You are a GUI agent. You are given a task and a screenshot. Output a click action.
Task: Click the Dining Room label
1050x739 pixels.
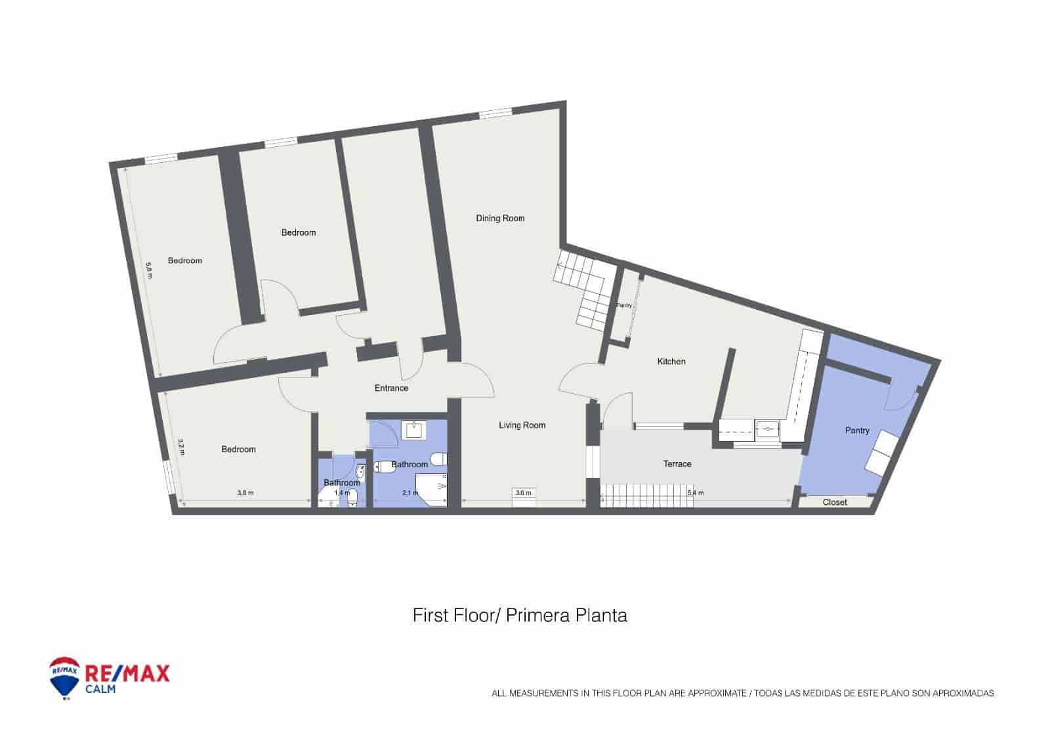click(x=500, y=219)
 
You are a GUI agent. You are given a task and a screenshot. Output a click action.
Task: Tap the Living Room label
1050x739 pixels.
click(x=522, y=425)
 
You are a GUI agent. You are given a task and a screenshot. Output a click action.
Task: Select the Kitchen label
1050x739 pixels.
click(x=671, y=362)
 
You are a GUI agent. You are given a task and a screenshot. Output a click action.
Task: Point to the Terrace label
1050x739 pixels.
click(x=677, y=464)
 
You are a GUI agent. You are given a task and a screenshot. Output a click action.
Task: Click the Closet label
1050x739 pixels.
click(x=835, y=503)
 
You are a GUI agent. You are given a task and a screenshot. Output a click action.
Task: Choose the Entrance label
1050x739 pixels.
click(x=391, y=388)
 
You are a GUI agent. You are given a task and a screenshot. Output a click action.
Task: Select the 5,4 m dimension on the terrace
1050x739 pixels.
click(x=696, y=493)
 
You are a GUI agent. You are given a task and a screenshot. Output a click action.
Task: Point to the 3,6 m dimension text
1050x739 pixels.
click(x=523, y=493)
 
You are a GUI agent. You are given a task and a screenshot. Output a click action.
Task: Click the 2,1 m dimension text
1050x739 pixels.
click(x=409, y=493)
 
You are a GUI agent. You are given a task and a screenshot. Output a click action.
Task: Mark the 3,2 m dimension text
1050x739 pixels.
click(x=181, y=447)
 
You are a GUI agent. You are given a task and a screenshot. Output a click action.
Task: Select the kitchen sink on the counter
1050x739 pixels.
click(x=766, y=431)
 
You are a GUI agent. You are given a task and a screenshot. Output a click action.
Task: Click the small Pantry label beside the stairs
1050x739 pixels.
click(x=623, y=306)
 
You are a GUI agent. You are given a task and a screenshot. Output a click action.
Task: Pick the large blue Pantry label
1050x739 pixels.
click(x=857, y=431)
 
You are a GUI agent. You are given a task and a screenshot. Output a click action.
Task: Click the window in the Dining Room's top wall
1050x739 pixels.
click(x=495, y=114)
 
